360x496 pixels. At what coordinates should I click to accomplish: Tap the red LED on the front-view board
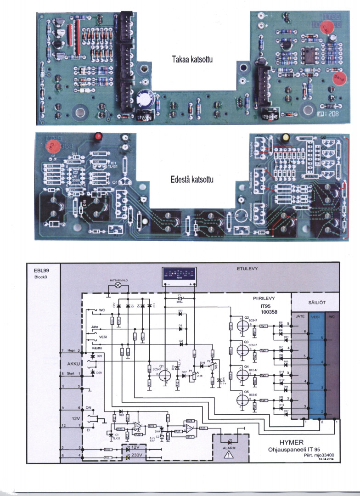[97, 136]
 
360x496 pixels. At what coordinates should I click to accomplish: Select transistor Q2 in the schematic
[242, 324]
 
